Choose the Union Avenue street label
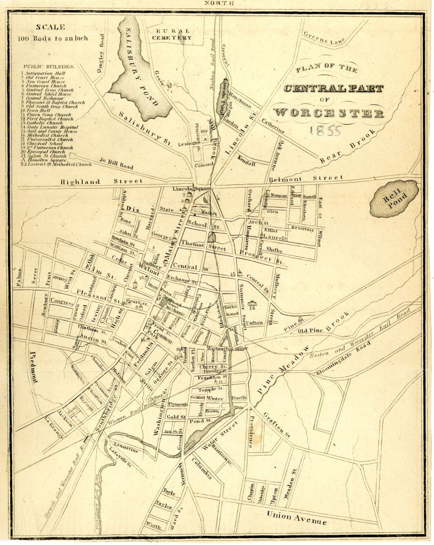(x=296, y=517)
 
